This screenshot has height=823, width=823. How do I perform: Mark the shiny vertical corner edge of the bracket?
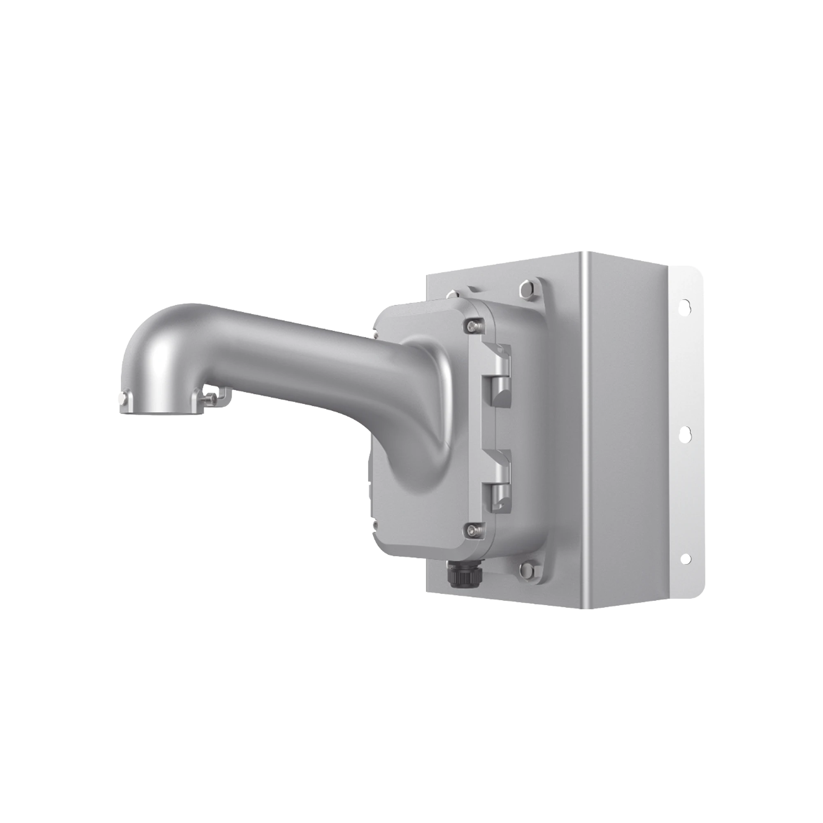click(586, 426)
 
